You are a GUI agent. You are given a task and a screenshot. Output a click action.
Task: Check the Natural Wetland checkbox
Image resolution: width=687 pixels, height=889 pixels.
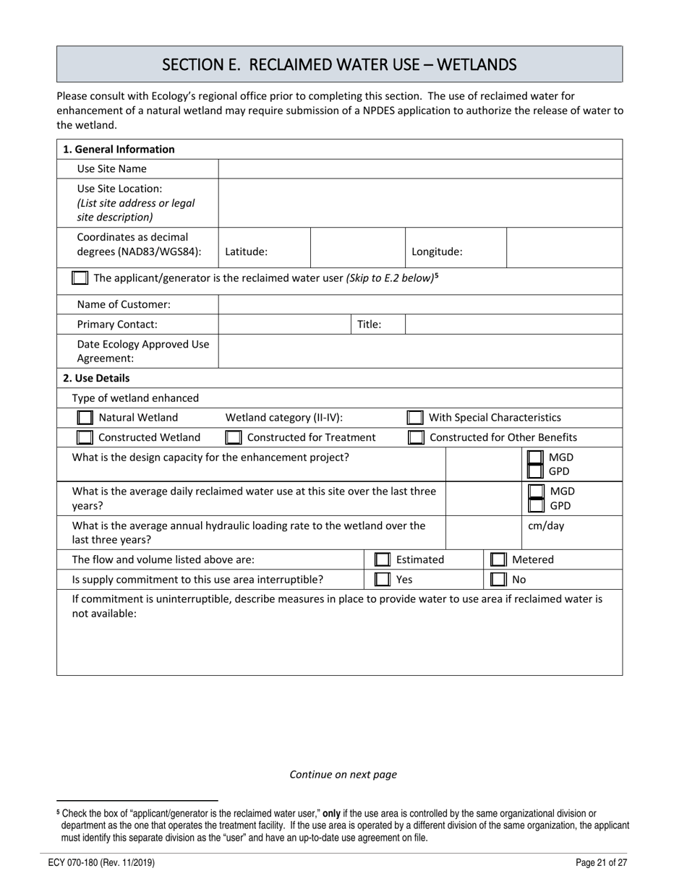tap(85, 418)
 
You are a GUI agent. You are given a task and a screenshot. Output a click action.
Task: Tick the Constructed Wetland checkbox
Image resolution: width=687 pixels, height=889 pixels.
tap(85, 437)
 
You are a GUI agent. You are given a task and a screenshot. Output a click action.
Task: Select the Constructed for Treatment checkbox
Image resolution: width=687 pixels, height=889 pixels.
tap(233, 437)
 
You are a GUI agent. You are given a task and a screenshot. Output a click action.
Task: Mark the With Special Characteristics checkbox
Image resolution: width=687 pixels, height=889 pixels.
tap(414, 418)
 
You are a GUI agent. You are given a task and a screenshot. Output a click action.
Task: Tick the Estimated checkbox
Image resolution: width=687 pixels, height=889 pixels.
tap(382, 559)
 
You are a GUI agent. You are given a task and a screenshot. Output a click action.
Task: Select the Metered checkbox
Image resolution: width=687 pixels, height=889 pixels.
tap(498, 559)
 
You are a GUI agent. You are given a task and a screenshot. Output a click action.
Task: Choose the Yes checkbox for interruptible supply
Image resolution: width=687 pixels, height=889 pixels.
tap(382, 580)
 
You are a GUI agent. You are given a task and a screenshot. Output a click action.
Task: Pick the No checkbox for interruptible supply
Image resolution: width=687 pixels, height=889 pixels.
tap(498, 580)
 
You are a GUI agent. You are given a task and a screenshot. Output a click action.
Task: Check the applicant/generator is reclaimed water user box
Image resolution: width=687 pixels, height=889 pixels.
tap(80, 278)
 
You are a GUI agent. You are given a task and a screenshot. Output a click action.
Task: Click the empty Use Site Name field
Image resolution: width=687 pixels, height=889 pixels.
tap(419, 169)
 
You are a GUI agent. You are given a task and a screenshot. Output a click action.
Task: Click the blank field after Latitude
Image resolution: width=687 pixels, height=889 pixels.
tap(357, 248)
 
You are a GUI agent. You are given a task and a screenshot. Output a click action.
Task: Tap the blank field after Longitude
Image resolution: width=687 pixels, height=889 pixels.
tap(564, 248)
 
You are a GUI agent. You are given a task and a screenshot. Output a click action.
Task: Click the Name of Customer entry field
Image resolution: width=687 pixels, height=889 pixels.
tap(419, 305)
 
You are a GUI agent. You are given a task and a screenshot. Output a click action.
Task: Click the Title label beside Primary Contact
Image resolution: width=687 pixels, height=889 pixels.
tap(370, 325)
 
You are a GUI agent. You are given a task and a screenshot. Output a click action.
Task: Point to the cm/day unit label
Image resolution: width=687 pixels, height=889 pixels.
tap(546, 525)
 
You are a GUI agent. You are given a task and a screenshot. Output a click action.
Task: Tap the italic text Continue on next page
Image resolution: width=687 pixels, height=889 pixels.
tap(343, 774)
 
